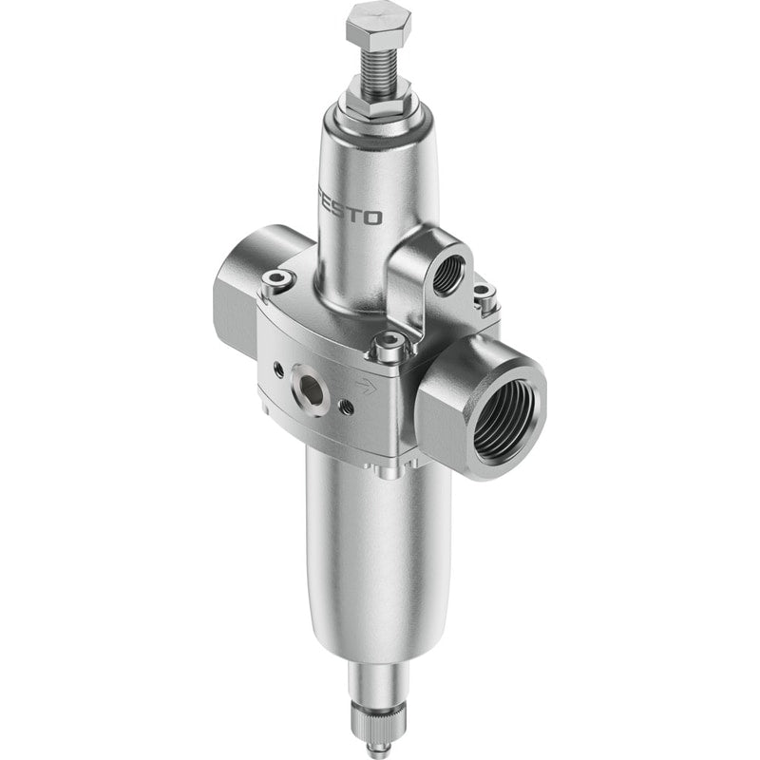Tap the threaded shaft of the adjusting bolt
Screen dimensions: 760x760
pos(378,66)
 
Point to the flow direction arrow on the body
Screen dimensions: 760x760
pos(367,386)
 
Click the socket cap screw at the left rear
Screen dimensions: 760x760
pos(277,280)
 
